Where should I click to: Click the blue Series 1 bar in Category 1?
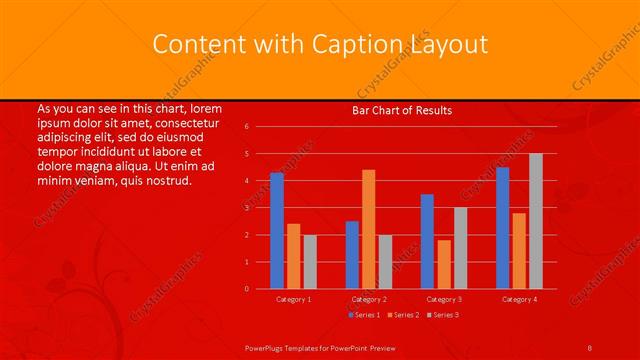coord(277,231)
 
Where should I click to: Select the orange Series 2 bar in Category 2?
coord(369,229)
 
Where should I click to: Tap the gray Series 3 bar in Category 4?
coord(536,221)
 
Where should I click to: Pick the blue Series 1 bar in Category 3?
coord(427,241)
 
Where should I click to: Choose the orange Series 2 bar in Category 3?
coord(444,264)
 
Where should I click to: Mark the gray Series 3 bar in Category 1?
coord(310,261)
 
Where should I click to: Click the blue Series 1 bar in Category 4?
coord(503,228)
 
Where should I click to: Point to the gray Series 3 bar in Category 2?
coord(386,261)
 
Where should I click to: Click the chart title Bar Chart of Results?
coord(402,110)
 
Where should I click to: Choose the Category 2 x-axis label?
coord(369,299)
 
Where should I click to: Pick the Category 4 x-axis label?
coord(519,299)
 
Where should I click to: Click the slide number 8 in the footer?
coord(590,346)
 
